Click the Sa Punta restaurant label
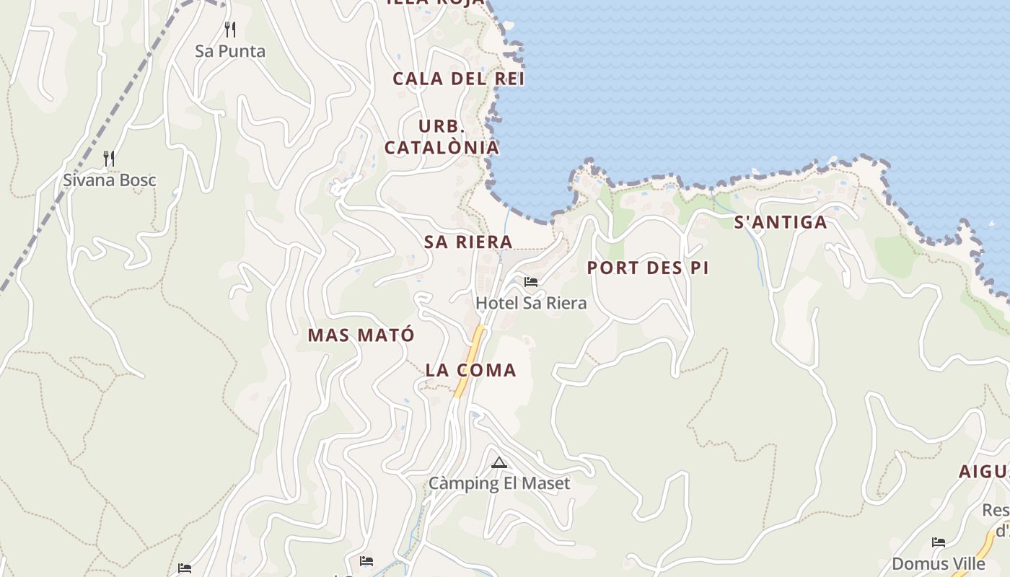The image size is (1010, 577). click(230, 51)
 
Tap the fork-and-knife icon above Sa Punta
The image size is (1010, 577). click(230, 30)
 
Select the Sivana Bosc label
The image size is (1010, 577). click(109, 180)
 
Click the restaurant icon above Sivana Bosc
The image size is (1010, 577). click(109, 158)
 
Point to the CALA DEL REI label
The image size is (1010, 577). click(458, 79)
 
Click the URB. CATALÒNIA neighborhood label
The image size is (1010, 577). click(442, 137)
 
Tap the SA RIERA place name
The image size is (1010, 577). click(468, 242)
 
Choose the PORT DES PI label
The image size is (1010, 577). click(647, 268)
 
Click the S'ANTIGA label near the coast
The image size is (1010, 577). click(781, 222)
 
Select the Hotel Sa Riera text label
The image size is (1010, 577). click(531, 303)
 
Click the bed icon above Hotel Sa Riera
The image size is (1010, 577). click(531, 281)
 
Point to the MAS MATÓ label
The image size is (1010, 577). click(361, 335)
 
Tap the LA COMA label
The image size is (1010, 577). click(470, 371)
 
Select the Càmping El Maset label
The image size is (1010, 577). click(499, 483)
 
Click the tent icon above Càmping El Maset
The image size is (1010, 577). click(499, 462)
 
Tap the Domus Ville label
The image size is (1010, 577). click(938, 563)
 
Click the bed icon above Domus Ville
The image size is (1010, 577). click(938, 542)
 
